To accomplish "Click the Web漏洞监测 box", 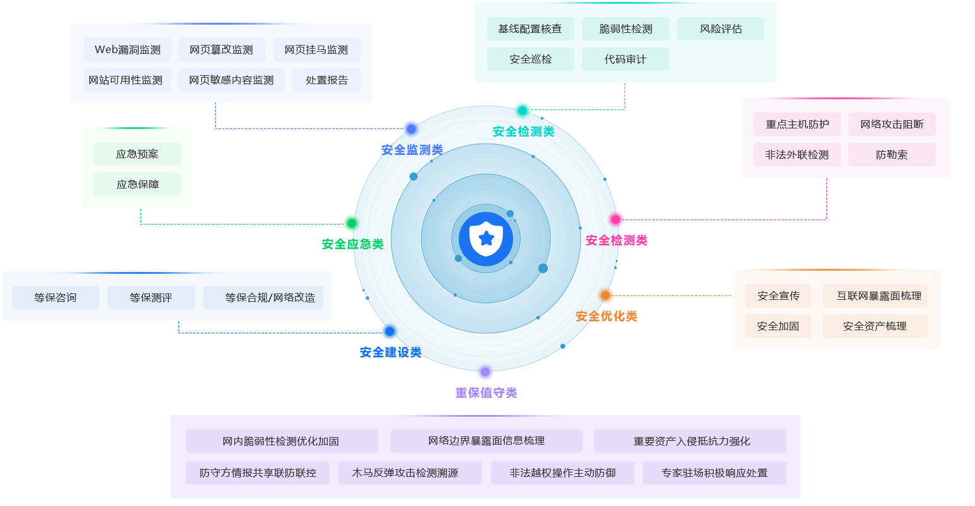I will tap(127, 50).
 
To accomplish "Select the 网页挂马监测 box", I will tap(316, 50).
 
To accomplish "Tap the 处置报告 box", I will tap(326, 80).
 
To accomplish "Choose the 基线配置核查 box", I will tap(530, 29).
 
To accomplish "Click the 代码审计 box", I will tap(625, 59).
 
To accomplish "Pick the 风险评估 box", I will tap(720, 29).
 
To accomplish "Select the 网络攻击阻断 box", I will tap(891, 125).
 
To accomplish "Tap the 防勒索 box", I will tap(891, 155).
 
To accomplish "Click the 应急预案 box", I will tap(137, 154).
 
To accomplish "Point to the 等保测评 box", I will tap(151, 298).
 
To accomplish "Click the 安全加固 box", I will tap(778, 326).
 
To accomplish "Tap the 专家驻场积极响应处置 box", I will tap(714, 473).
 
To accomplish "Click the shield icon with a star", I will tap(486, 239).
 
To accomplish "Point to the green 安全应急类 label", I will tap(352, 244).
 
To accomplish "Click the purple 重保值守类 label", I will tap(486, 393).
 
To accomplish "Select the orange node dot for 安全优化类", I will tap(605, 295).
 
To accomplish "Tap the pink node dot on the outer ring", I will tap(615, 219).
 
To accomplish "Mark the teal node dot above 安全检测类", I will tap(523, 111).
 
